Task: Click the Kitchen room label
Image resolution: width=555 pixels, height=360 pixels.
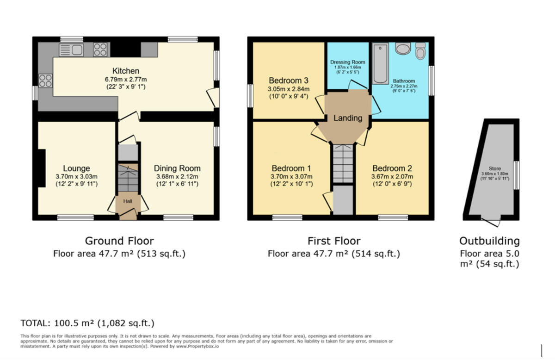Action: pyautogui.click(x=126, y=71)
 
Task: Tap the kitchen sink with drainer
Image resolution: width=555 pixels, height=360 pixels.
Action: pyautogui.click(x=71, y=50)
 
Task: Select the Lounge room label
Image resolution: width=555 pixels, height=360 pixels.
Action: pyautogui.click(x=76, y=168)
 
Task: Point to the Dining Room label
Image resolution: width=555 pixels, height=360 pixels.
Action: pyautogui.click(x=177, y=168)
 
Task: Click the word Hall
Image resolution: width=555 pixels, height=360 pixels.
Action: pyautogui.click(x=128, y=201)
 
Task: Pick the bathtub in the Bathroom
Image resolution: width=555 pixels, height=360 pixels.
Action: pyautogui.click(x=381, y=64)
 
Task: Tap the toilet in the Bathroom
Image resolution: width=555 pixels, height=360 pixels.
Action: pyautogui.click(x=420, y=50)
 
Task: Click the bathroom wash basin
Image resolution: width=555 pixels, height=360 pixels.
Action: pyautogui.click(x=403, y=48)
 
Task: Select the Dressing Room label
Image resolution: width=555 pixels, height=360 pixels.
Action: pyautogui.click(x=348, y=62)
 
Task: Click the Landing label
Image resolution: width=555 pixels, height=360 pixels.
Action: pyautogui.click(x=348, y=118)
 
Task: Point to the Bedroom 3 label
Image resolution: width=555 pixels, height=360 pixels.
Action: pyautogui.click(x=289, y=81)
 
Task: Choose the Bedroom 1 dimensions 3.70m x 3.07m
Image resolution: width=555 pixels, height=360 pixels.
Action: pyautogui.click(x=291, y=176)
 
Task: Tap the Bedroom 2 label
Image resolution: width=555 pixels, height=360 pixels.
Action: pyautogui.click(x=392, y=168)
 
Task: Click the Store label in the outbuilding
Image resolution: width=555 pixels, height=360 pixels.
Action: pyautogui.click(x=495, y=168)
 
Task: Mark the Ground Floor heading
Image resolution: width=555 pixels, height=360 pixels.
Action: pyautogui.click(x=119, y=241)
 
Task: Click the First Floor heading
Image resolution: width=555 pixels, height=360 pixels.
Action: pyautogui.click(x=334, y=241)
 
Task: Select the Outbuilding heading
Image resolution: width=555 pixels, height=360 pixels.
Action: pyautogui.click(x=490, y=241)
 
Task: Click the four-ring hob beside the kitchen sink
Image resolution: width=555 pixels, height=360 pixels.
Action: pyautogui.click(x=100, y=50)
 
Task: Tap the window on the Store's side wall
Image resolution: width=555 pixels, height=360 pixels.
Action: pyautogui.click(x=517, y=175)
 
